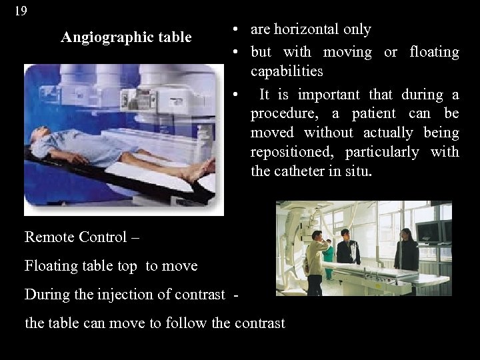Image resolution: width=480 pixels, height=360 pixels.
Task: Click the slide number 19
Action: coord(21,11)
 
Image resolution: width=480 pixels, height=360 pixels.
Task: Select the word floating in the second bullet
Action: coord(433,52)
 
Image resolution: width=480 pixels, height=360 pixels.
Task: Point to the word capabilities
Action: coord(287,71)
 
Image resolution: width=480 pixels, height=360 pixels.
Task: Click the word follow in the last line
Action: coord(184,323)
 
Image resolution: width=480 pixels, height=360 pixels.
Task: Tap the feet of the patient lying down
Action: coord(200,171)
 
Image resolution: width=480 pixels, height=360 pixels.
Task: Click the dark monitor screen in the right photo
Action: coord(431,231)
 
